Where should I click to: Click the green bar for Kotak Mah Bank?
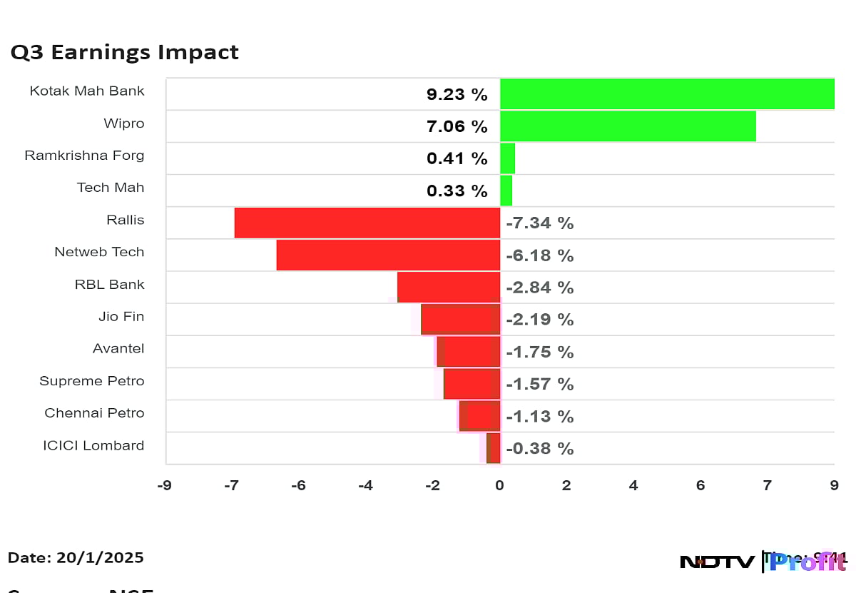[x=667, y=94]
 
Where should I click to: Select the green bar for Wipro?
[x=628, y=126]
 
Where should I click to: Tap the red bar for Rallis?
[x=367, y=223]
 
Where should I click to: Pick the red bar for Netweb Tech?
[x=388, y=255]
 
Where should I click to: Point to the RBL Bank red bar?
[x=449, y=287]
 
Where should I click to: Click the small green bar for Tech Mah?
[x=506, y=191]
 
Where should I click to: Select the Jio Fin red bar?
[x=461, y=319]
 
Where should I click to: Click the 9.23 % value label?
[x=457, y=95]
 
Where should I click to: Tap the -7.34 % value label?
[x=539, y=223]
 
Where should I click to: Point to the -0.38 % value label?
[x=539, y=449]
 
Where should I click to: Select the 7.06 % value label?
[x=457, y=127]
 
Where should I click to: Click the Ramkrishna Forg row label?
[x=84, y=156]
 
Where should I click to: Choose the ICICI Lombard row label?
[x=93, y=446]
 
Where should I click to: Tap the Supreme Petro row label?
[x=91, y=381]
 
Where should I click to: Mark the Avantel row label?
[x=118, y=349]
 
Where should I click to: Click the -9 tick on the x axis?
[x=164, y=486]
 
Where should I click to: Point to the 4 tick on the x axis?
[x=633, y=486]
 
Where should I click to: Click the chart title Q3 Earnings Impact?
[x=124, y=53]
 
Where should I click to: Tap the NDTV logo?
[x=717, y=562]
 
